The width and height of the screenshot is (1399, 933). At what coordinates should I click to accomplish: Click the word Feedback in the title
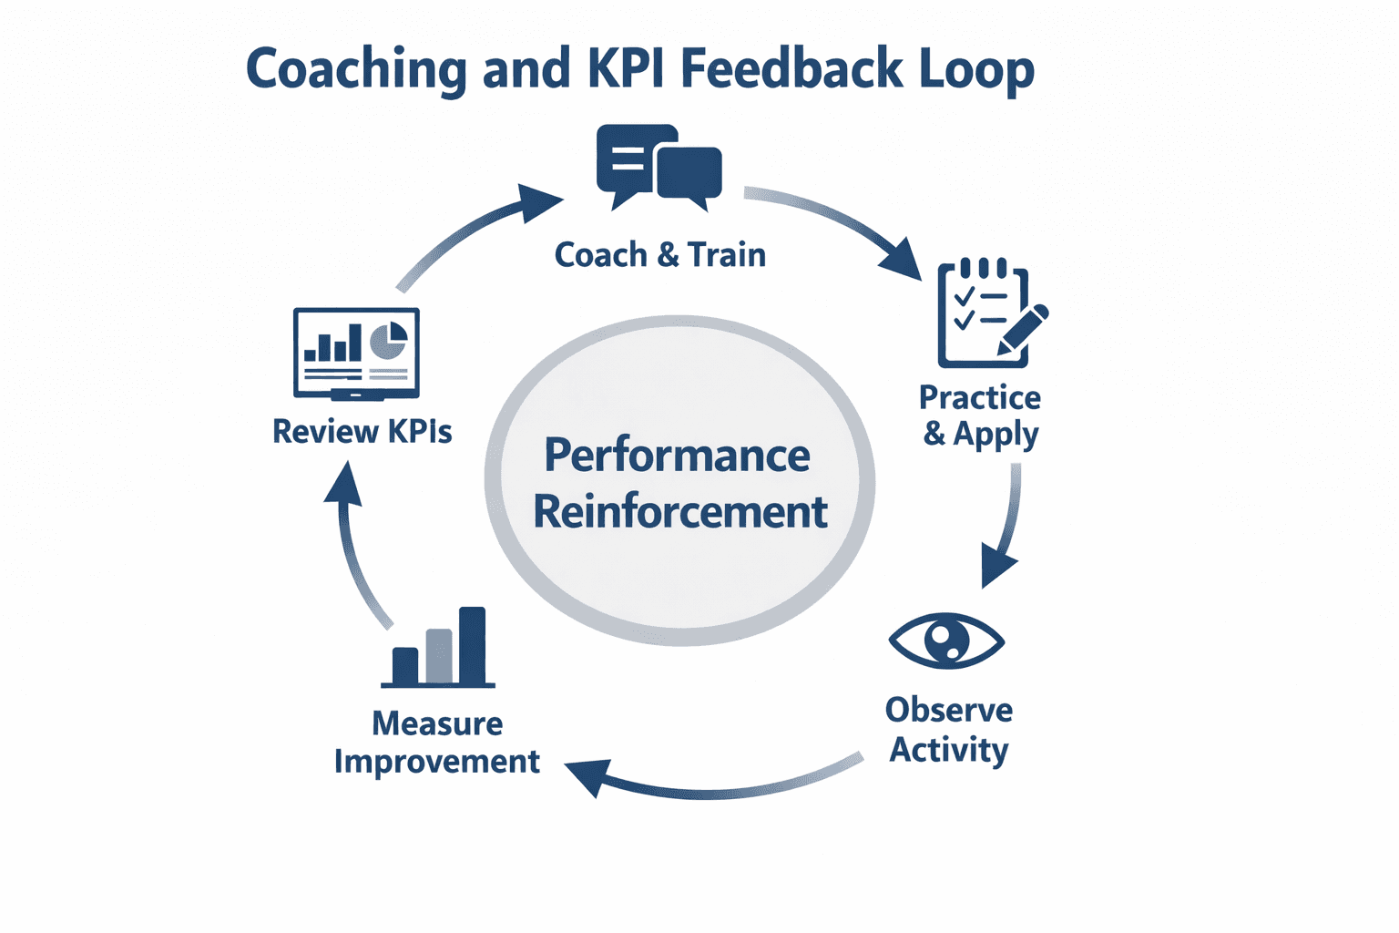point(791,69)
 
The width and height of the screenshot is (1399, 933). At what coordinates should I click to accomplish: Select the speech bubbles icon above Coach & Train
point(659,167)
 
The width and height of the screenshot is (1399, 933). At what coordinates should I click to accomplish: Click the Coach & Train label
point(659,255)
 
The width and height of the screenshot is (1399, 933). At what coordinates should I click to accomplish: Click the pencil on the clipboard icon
point(1024,330)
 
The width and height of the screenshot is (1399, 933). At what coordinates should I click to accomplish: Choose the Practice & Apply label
point(980,416)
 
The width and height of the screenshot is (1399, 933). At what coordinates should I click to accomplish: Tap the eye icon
point(946,641)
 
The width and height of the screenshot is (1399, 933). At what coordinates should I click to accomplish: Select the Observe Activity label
point(948,730)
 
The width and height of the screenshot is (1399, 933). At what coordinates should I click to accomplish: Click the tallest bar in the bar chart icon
point(472,645)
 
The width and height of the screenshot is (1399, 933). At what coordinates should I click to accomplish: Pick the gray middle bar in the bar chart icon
point(439,656)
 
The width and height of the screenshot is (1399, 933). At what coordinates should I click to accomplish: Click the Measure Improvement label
point(437,742)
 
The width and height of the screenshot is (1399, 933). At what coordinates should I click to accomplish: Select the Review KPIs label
point(362,431)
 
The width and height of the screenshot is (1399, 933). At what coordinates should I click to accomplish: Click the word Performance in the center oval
point(677,456)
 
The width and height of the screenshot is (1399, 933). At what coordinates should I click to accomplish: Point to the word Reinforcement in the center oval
point(679,512)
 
